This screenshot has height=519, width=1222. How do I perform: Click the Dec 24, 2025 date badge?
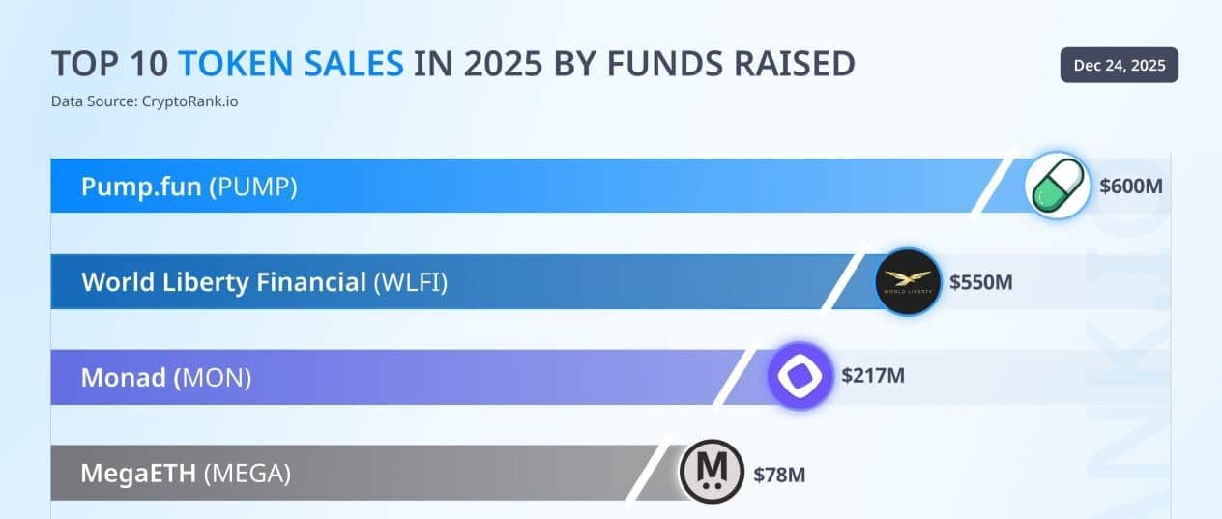[1119, 65]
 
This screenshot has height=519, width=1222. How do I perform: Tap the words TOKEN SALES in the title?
[292, 64]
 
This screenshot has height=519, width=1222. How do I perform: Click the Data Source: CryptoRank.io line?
[144, 101]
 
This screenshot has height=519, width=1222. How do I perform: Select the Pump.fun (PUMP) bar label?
[189, 187]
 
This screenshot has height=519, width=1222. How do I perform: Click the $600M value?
[1130, 187]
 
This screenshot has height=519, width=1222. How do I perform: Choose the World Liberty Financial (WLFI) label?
[264, 282]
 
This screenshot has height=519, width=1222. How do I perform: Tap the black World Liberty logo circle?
[908, 282]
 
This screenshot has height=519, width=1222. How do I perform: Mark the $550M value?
[980, 282]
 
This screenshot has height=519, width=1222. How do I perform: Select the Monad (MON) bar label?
[166, 377]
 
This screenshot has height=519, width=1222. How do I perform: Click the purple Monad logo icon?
[800, 376]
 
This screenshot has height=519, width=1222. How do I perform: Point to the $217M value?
[872, 376]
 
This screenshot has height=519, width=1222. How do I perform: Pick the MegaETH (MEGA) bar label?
[186, 473]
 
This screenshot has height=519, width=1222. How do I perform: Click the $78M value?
[779, 474]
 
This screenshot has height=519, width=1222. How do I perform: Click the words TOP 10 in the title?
[109, 64]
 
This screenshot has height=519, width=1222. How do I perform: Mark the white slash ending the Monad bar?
[735, 376]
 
